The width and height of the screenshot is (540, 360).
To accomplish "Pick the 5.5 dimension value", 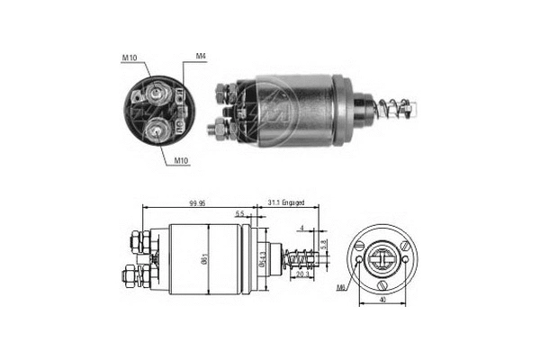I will pyautogui.click(x=238, y=214).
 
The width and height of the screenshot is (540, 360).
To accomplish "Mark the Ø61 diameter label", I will pyautogui.click(x=208, y=257).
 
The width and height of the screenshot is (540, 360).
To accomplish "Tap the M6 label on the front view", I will pyautogui.click(x=341, y=287).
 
